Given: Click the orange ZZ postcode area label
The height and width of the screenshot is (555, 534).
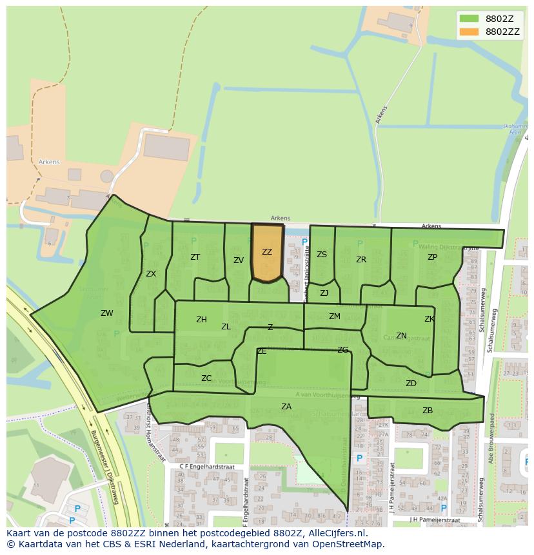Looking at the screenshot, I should pos(267,252).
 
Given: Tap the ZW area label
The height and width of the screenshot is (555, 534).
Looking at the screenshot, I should pos(107,313).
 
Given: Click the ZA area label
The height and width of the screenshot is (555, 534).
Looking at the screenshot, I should pos(286,406).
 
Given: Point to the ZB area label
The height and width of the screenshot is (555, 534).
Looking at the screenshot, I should pos(428,411).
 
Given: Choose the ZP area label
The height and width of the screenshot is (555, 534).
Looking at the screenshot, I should pos(432,257).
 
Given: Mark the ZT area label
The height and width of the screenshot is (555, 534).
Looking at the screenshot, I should pos(195,257).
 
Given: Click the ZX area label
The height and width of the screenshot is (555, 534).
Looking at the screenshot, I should pos(151,273).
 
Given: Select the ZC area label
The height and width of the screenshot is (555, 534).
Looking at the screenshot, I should pos(206,378).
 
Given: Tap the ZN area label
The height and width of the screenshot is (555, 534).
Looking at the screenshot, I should pos(401,336).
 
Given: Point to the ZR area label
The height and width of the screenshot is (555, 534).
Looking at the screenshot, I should pos(361,260).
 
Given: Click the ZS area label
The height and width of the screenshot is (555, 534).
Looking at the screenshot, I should pos(322,255).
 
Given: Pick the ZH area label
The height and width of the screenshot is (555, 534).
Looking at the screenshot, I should pos(202,320).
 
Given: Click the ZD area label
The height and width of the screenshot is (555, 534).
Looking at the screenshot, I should pos(411,384).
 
